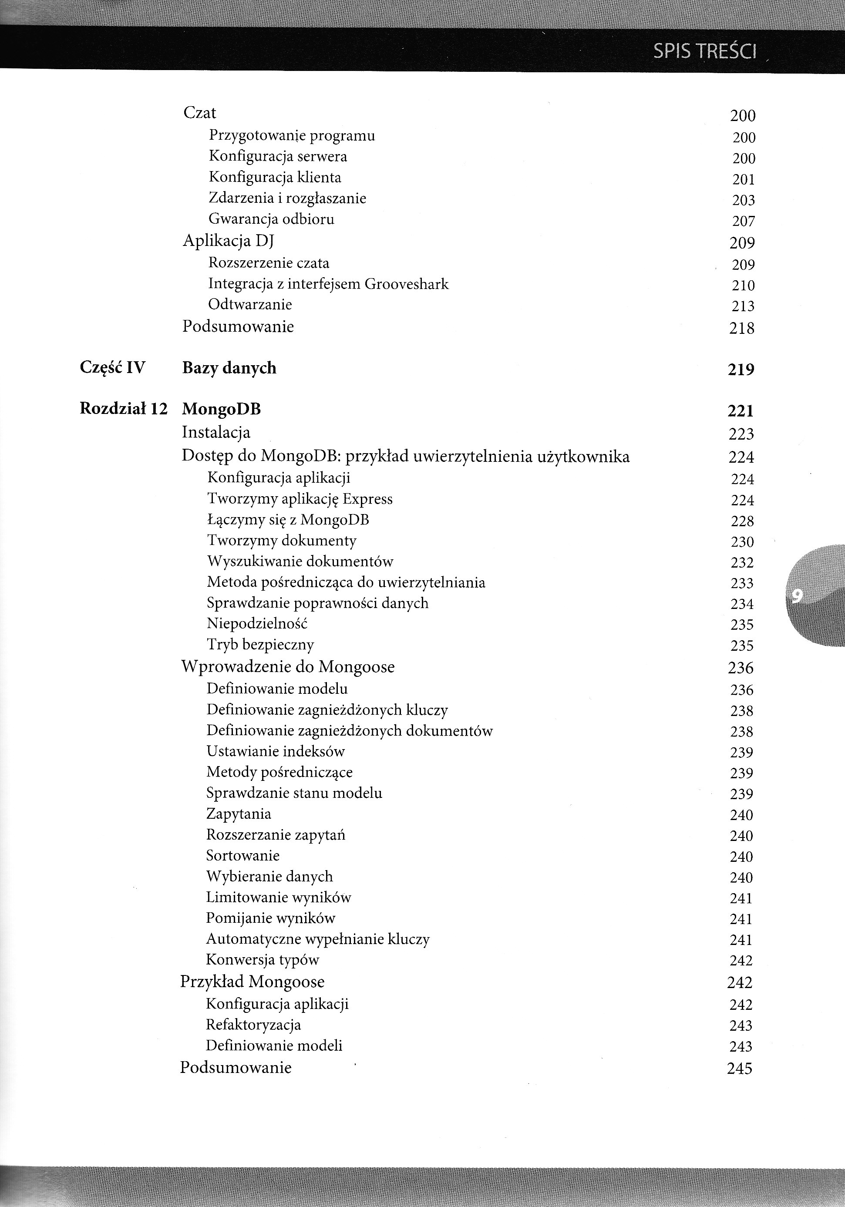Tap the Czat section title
pos(200,113)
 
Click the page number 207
pos(744,221)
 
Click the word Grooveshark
pos(407,284)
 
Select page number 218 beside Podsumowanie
pos(742,329)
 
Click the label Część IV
pos(112,367)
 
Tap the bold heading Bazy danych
pos(229,368)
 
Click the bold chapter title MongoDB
pos(222,409)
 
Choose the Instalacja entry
pos(216,432)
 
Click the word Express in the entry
pos(367,499)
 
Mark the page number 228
pos(742,521)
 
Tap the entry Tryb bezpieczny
pos(260,645)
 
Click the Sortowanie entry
pos(243,855)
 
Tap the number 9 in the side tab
pos(797,595)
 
